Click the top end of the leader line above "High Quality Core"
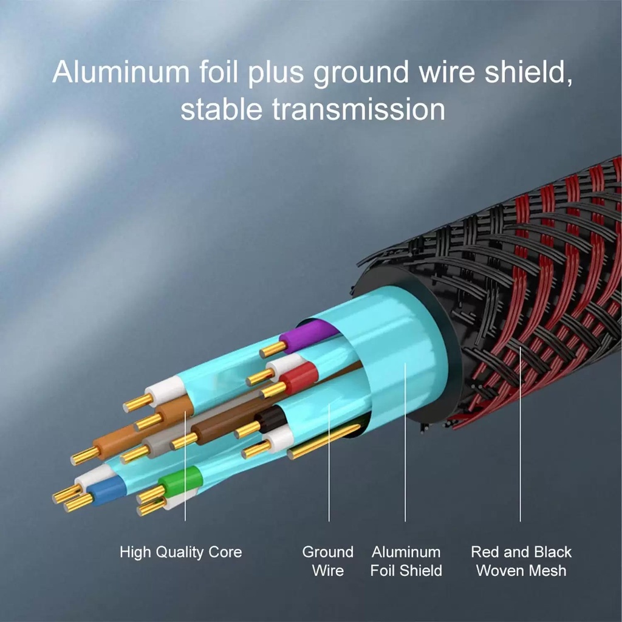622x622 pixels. (x=185, y=411)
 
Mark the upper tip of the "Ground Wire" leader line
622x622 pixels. (x=329, y=404)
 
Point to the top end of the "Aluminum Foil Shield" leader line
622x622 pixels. (x=405, y=363)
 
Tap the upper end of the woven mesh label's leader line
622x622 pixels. (x=521, y=347)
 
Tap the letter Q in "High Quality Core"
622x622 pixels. (x=162, y=552)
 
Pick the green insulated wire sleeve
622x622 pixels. (x=181, y=481)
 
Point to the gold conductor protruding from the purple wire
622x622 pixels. (x=273, y=349)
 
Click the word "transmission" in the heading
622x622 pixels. (x=358, y=109)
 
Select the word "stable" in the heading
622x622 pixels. (x=221, y=109)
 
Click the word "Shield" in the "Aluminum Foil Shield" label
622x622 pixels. (x=421, y=570)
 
